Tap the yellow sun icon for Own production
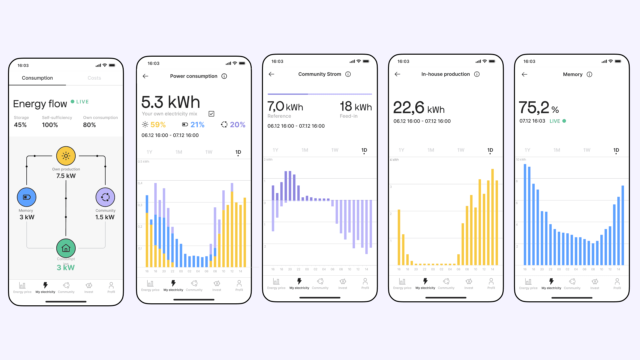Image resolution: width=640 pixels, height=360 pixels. point(66,156)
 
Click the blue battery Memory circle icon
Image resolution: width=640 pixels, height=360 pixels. point(27,197)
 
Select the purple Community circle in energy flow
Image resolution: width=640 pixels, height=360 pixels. point(105,197)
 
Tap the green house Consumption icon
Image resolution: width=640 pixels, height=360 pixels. point(66,248)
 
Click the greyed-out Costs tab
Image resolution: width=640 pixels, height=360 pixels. point(94,78)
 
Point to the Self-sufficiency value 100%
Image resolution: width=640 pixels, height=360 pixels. point(50,125)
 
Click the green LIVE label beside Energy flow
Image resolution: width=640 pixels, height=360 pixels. point(82,102)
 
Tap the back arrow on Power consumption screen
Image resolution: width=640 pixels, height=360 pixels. point(145,76)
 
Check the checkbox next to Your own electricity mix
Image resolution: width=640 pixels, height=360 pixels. point(211,114)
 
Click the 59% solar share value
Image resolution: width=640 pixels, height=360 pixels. point(158,125)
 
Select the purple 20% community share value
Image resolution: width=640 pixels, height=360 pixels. point(237,125)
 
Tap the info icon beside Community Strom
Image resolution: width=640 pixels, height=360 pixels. point(348,74)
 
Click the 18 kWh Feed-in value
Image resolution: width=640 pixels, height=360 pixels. point(356,107)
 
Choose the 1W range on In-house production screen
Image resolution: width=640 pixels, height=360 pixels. point(461,150)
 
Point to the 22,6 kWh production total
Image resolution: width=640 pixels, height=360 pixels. point(419,108)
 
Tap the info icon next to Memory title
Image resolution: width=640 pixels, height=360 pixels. point(589,75)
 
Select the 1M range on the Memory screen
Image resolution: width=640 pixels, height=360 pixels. point(557,150)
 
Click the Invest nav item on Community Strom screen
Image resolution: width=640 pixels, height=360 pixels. point(343,283)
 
